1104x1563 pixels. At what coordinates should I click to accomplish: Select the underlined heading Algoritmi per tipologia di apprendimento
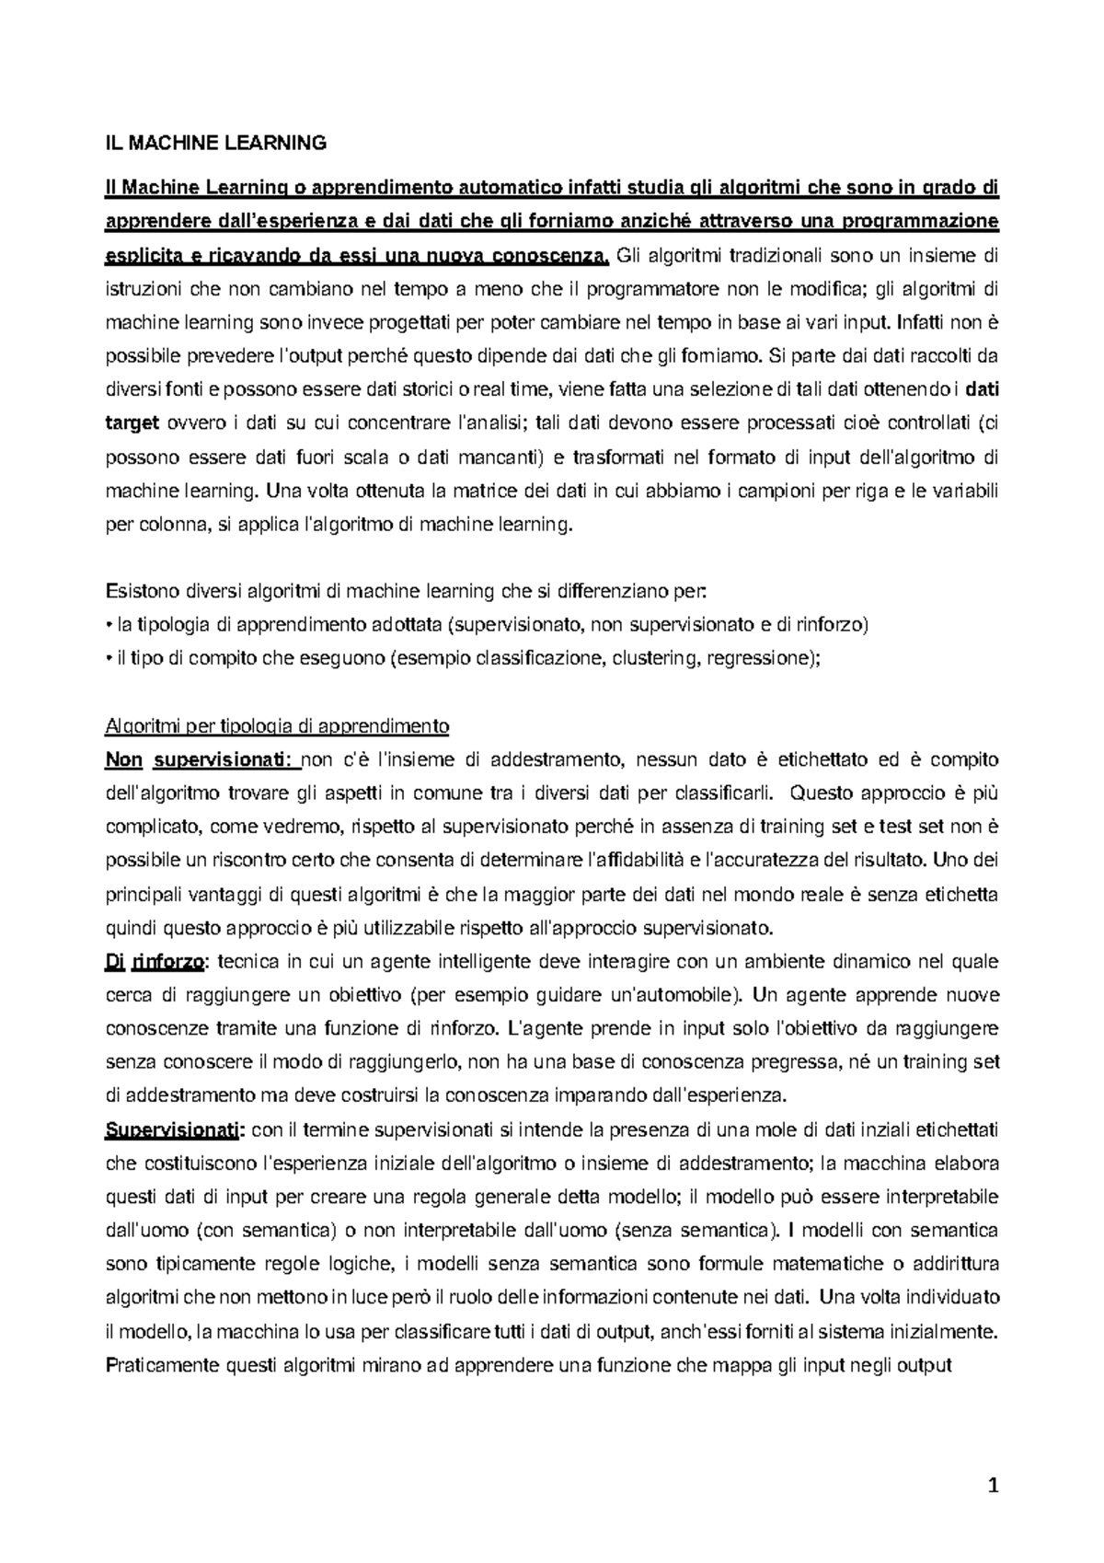tap(277, 726)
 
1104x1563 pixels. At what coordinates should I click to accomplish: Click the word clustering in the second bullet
tap(657, 659)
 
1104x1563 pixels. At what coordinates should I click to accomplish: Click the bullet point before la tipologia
tap(109, 626)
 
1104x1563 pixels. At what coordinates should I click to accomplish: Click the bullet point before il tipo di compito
tap(109, 659)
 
